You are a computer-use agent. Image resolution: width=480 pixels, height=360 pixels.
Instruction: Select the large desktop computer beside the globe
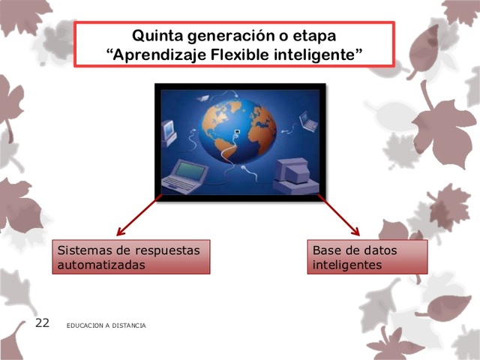(x=289, y=175)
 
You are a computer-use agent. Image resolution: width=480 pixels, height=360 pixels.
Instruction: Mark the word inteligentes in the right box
(x=347, y=265)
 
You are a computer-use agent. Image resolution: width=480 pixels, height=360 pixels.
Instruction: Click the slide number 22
(x=42, y=323)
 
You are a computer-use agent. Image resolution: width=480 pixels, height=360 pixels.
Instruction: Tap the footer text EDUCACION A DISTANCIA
(x=106, y=325)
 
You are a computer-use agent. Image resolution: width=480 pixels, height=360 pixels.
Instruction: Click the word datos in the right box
(x=380, y=250)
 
